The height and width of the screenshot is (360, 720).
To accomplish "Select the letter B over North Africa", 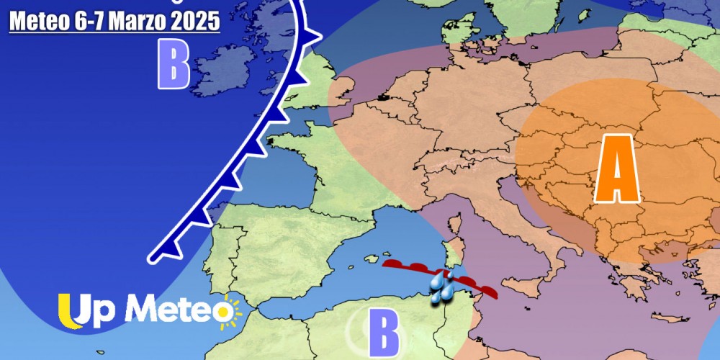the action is click(x=384, y=333).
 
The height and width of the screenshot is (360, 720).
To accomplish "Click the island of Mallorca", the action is click(x=370, y=258).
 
